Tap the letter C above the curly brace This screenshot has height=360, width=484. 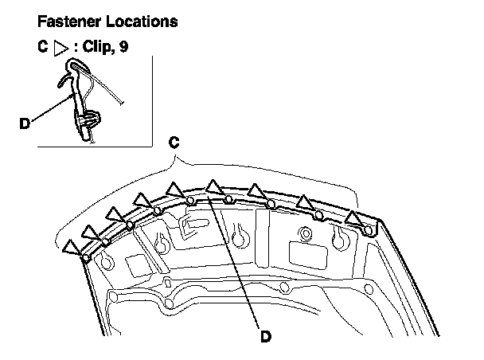(175, 144)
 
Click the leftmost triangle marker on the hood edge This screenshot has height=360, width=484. (73, 248)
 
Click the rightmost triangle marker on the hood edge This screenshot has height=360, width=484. (355, 217)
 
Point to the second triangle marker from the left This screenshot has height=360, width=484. (93, 230)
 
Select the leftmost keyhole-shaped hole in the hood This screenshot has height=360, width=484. (162, 242)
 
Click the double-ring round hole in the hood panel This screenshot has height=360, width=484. (302, 234)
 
